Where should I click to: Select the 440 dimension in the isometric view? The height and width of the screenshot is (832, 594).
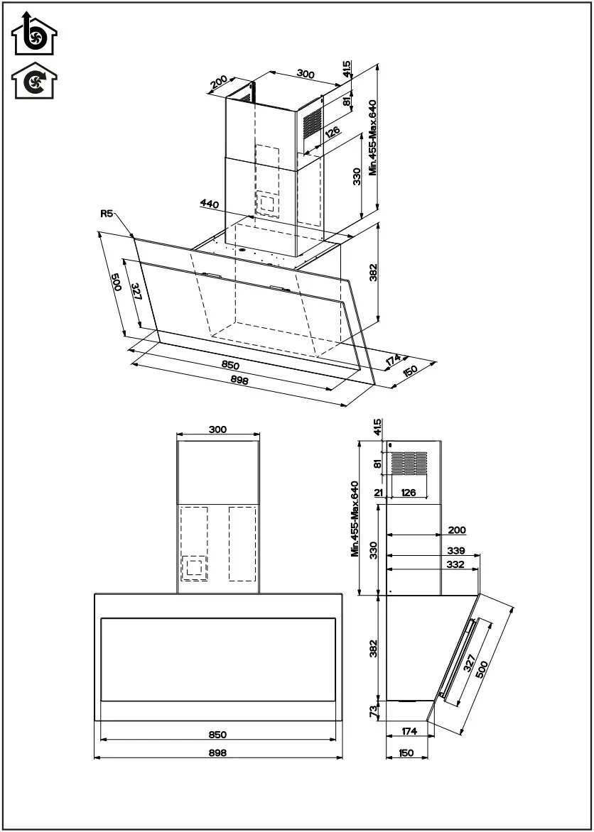click(209, 204)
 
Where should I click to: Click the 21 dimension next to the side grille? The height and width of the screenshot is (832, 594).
click(378, 492)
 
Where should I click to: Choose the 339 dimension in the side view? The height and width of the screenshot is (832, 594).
click(457, 550)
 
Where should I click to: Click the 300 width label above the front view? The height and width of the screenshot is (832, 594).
click(217, 429)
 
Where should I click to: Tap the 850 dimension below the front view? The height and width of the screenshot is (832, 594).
click(217, 735)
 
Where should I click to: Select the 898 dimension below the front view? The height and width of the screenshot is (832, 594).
click(217, 753)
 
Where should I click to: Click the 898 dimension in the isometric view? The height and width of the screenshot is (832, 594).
click(239, 381)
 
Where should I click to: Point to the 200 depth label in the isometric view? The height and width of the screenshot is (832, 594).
click(220, 83)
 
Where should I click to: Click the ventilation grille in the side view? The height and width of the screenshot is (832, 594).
click(409, 463)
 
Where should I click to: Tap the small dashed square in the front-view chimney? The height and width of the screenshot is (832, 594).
click(193, 566)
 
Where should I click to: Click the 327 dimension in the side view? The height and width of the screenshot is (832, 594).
click(470, 663)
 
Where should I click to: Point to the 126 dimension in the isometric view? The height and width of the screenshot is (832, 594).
click(332, 132)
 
